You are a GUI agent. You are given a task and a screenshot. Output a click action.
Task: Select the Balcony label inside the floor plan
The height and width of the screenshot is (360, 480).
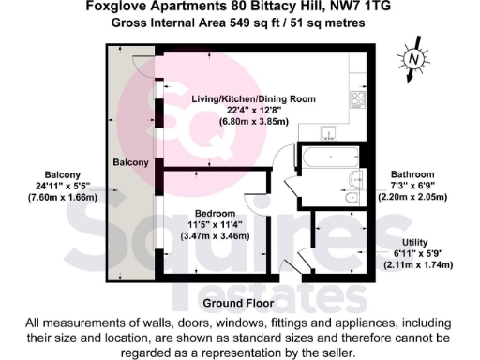click(131, 163)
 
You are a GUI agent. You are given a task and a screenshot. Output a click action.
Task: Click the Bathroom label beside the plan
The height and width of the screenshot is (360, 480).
click(413, 174)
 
